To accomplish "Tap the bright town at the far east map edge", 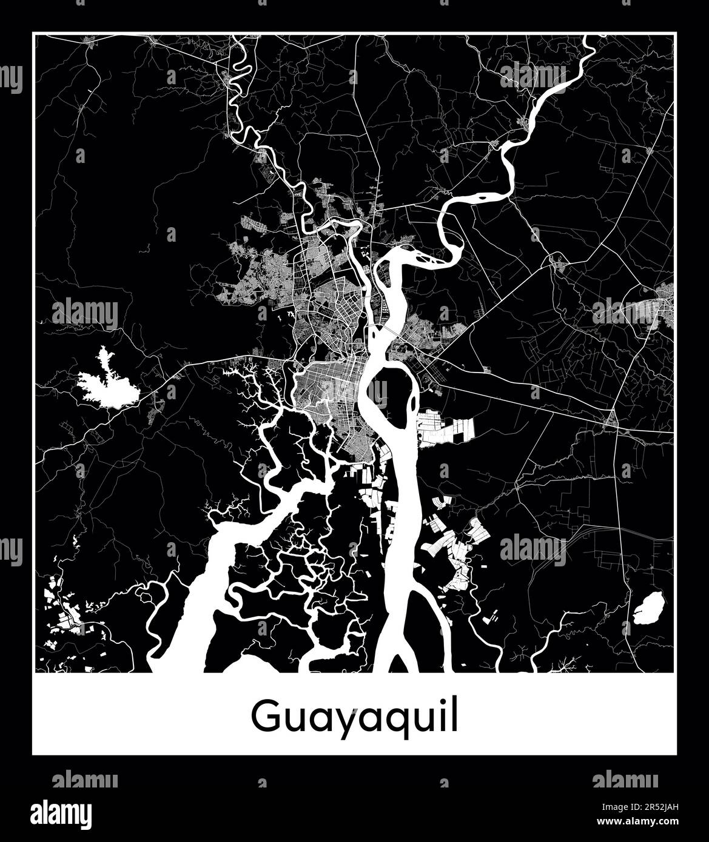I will [664, 306].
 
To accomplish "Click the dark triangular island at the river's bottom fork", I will [397, 663].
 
